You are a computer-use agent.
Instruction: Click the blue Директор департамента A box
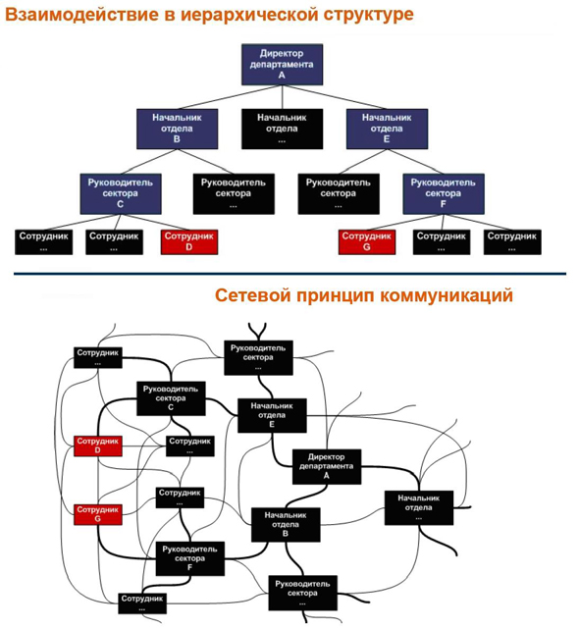coord(282,65)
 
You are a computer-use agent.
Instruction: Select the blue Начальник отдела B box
coord(177,129)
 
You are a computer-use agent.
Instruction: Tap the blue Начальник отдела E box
coord(387,129)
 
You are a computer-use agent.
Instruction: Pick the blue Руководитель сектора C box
coord(121,194)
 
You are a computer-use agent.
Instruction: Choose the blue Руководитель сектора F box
coord(444,194)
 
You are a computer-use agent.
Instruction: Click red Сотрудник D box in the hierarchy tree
coord(189,242)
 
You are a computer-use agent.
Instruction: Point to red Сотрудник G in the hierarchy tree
coord(367,242)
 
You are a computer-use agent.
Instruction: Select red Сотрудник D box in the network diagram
coord(98,445)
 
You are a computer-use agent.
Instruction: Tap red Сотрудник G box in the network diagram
coord(98,514)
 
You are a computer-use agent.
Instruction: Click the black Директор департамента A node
coord(327,467)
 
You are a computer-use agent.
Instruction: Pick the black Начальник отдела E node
coord(272,415)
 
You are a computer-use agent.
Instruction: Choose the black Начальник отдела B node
coord(286,525)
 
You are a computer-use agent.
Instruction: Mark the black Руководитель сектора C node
coord(171,398)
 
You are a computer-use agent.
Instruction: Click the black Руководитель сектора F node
coord(189,558)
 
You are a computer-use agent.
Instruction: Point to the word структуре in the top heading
coord(368,16)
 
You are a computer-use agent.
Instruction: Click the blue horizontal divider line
coord(289,274)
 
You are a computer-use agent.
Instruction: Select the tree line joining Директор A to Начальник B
coord(230,97)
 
